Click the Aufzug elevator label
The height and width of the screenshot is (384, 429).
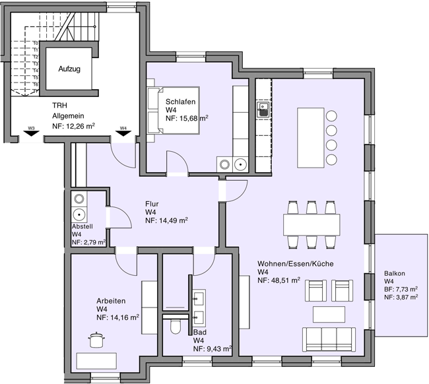69,69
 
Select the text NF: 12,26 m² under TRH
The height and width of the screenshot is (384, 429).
73,126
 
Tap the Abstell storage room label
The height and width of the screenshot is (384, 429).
82,226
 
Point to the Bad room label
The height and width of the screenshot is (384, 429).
199,333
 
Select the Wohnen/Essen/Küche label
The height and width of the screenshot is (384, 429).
295,264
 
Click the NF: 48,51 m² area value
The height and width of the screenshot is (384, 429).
279,280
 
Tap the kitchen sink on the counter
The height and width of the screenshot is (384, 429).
263,108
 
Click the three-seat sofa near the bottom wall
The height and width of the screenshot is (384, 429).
329,339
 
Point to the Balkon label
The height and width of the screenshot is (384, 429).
394,274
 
